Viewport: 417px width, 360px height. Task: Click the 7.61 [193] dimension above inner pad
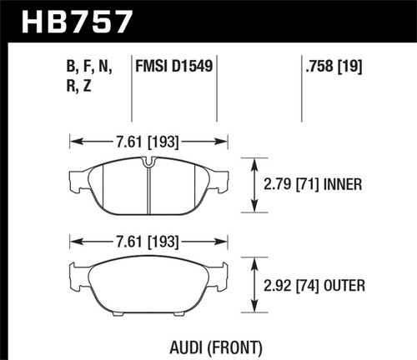click(x=148, y=142)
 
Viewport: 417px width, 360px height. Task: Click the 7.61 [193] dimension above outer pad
click(x=148, y=243)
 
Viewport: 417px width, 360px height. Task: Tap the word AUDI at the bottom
click(x=182, y=345)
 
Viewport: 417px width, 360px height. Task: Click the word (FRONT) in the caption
click(x=228, y=345)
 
